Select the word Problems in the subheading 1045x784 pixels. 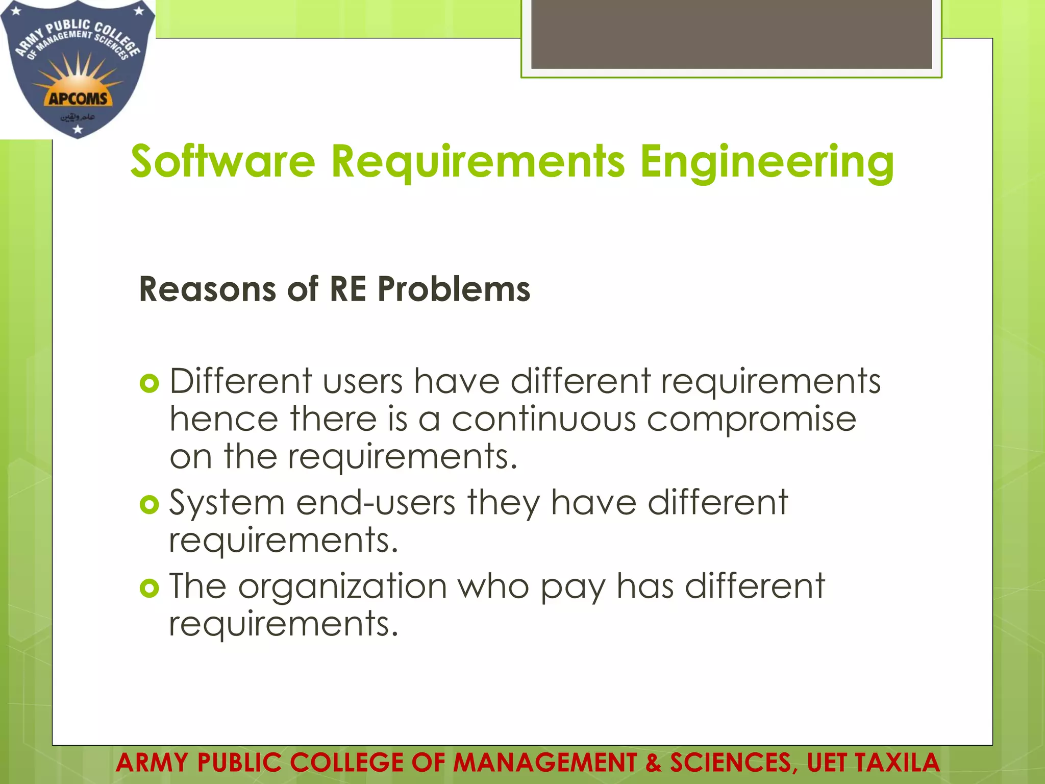pos(454,289)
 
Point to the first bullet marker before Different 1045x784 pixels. pos(150,383)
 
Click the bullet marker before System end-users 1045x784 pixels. pos(150,505)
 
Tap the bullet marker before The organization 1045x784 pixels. pos(150,588)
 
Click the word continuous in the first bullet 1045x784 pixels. pos(544,420)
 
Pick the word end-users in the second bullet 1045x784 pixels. pos(376,503)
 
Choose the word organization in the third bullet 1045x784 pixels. pos(342,587)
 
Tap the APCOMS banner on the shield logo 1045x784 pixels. pos(78,98)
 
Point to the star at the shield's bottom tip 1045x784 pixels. pos(78,130)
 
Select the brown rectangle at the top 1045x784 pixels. pos(731,34)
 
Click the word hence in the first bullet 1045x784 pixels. pos(223,420)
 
